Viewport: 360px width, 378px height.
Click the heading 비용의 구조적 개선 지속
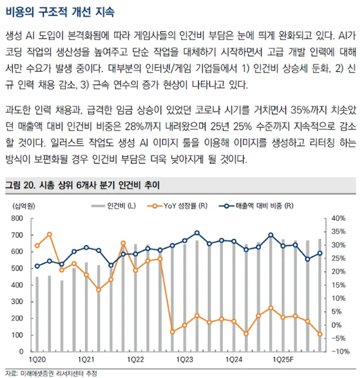coord(60,12)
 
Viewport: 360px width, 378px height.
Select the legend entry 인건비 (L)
coord(113,206)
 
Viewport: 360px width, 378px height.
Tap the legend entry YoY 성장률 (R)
coord(177,206)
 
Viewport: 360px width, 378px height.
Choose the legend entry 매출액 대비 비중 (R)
coord(256,206)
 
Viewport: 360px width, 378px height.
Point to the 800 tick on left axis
coord(17,219)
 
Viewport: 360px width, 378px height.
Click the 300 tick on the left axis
coord(17,301)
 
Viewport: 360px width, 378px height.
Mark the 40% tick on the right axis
coord(338,219)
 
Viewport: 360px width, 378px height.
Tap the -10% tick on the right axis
coord(340,352)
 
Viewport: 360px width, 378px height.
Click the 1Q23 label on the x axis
coord(185,360)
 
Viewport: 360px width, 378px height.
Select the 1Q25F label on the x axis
coord(283,360)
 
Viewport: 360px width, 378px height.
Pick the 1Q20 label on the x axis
coord(37,360)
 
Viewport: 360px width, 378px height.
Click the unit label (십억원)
coord(23,206)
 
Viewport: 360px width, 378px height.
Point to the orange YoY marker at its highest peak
coord(50,234)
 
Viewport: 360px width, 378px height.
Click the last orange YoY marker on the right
coord(320,334)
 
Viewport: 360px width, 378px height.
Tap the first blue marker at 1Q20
coord(37,266)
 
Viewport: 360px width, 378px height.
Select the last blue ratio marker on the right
coord(320,253)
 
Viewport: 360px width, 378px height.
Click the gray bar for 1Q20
coord(37,314)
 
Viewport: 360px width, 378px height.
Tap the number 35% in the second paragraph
coord(300,110)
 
